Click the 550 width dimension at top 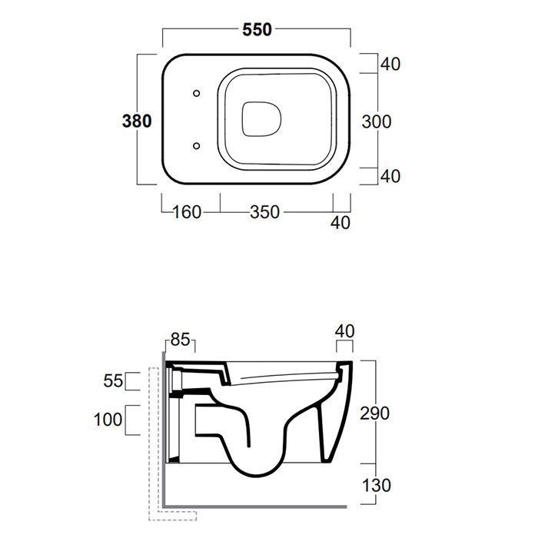pos(257,29)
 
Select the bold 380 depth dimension pos(137,121)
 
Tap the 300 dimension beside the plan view pos(377,121)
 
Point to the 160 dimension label pos(186,212)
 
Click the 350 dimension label pos(264,212)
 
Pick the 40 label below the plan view pos(340,223)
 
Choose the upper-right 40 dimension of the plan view pos(390,64)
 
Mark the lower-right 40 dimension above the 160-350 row pos(390,176)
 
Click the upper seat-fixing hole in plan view pos(196,93)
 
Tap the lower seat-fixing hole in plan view pos(196,146)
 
